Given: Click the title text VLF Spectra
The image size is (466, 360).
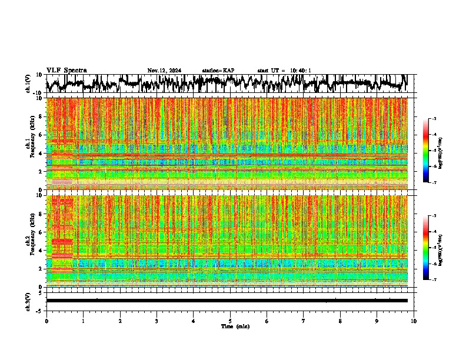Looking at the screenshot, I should click(x=66, y=71).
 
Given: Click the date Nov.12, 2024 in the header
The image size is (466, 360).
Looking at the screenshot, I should click(x=164, y=71).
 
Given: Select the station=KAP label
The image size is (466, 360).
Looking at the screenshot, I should click(x=218, y=71).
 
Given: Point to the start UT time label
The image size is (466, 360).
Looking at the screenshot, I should click(x=284, y=71).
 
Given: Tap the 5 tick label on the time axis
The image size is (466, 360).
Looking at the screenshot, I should click(x=230, y=321).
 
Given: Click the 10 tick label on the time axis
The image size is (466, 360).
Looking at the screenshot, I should click(x=414, y=321).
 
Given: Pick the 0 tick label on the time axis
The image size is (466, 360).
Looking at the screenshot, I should click(x=46, y=321).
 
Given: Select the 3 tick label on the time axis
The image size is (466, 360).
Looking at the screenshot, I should click(x=157, y=321).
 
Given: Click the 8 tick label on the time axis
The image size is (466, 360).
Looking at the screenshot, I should click(x=340, y=321).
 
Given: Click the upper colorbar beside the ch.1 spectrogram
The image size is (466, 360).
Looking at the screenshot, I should click(x=431, y=151).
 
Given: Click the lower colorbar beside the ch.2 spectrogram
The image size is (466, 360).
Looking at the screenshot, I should click(x=431, y=248).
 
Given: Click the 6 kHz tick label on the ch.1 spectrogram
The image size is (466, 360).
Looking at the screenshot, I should click(x=42, y=135).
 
